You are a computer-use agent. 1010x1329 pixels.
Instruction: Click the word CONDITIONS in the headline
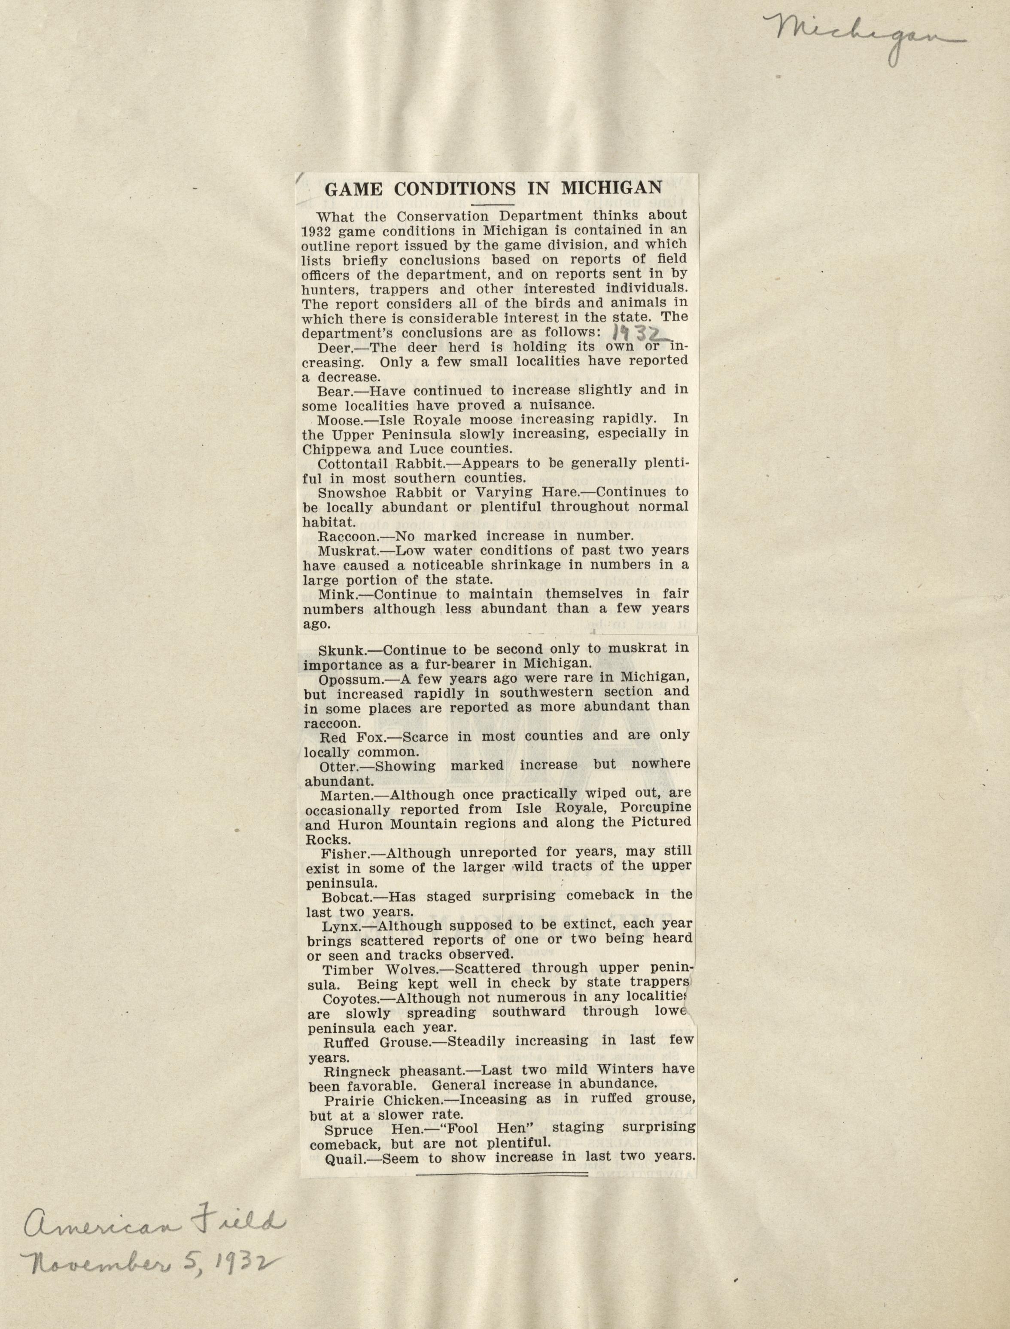click(x=454, y=189)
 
